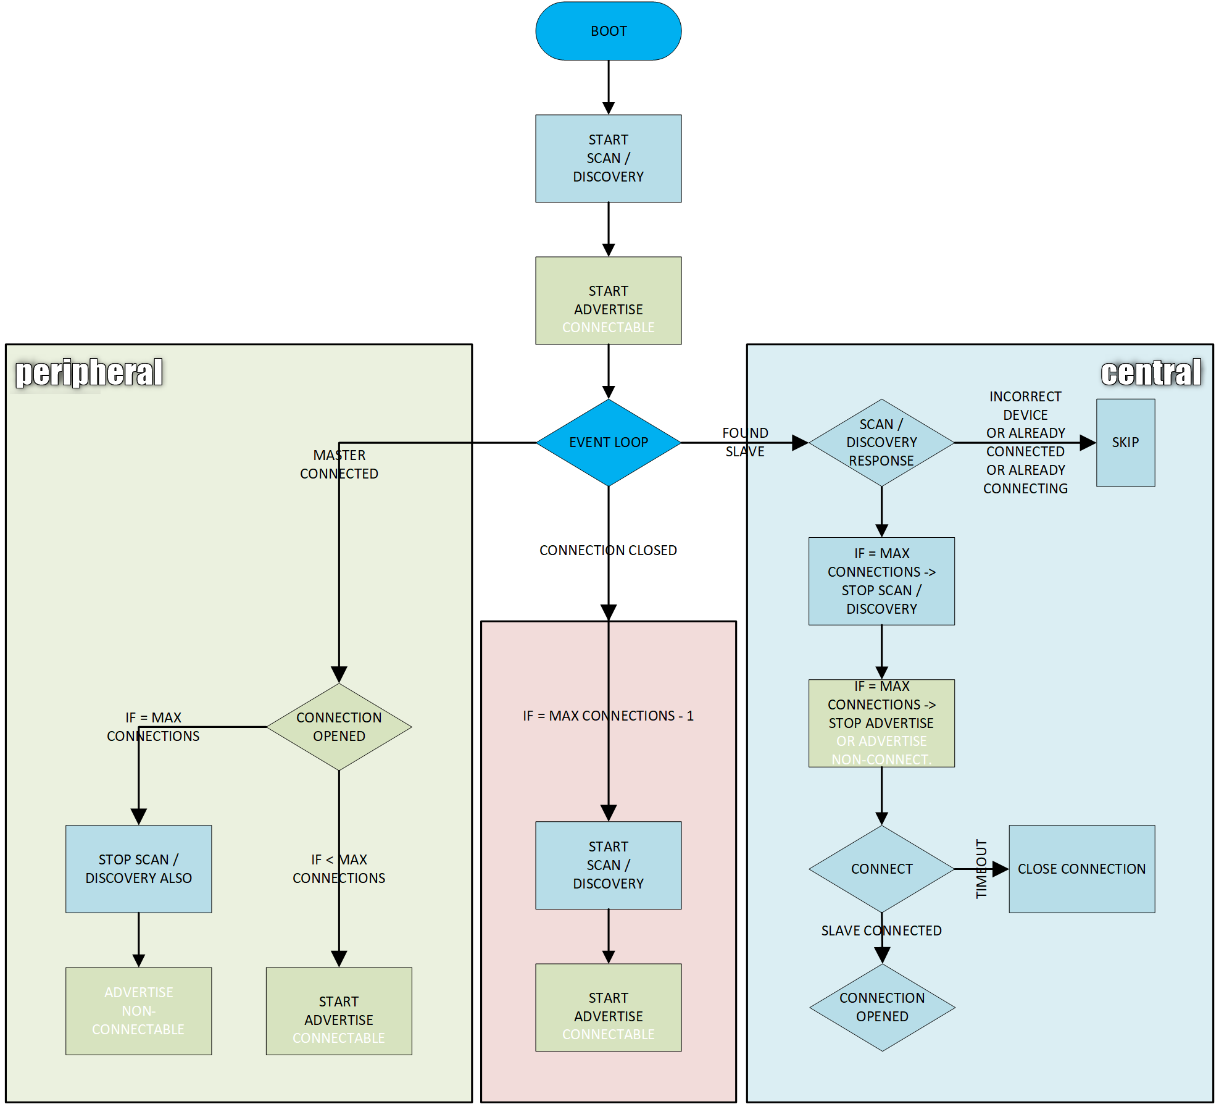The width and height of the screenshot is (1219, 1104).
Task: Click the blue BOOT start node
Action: click(x=608, y=31)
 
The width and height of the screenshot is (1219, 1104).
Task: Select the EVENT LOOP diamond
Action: click(x=608, y=442)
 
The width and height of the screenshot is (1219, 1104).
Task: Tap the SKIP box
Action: click(x=1125, y=442)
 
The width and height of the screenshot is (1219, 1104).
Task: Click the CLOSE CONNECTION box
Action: click(x=1081, y=869)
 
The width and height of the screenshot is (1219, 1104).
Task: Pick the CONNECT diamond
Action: click(x=881, y=869)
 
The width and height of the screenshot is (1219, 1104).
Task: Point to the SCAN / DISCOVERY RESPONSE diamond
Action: click(x=881, y=442)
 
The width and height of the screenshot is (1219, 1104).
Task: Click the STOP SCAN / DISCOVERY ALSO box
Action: click(x=138, y=869)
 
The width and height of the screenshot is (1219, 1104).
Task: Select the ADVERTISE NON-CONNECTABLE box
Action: click(x=138, y=1011)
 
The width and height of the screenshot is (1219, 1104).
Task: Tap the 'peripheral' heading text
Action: click(x=89, y=372)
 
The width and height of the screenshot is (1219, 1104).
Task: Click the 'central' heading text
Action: click(x=1150, y=372)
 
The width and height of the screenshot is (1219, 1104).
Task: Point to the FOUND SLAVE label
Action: click(x=745, y=442)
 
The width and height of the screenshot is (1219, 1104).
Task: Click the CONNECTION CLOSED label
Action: click(x=608, y=550)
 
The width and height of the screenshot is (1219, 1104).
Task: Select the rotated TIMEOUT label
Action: click(x=981, y=869)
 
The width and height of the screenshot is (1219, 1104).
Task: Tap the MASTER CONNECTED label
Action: click(x=339, y=464)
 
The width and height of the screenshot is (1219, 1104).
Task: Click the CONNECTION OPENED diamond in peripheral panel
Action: click(x=339, y=727)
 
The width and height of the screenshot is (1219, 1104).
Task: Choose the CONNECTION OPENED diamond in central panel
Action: click(x=881, y=1007)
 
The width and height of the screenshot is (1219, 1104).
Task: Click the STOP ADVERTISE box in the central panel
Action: click(x=881, y=723)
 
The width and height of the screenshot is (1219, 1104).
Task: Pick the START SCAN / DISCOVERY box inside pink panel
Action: click(x=608, y=865)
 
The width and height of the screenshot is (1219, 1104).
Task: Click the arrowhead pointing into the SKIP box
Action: click(x=1088, y=442)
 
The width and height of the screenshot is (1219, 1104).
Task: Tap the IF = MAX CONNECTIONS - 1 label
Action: click(x=608, y=716)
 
